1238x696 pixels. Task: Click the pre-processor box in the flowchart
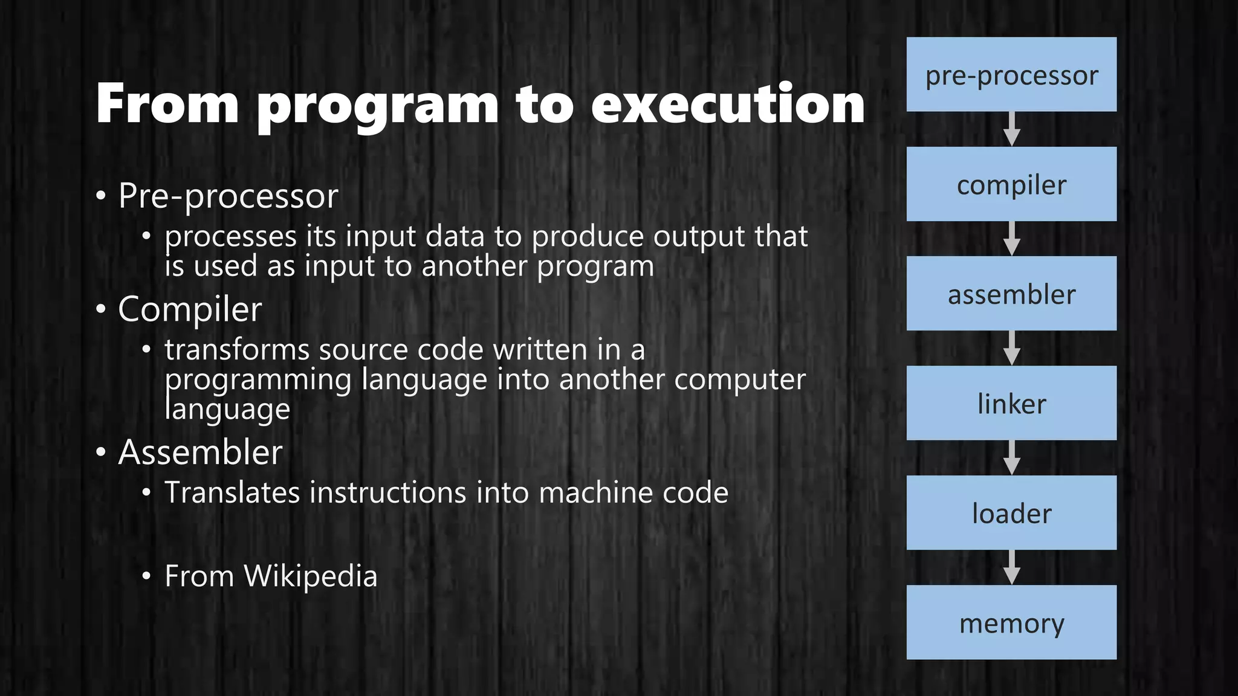coord(1011,74)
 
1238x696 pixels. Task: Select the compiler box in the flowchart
coord(1011,184)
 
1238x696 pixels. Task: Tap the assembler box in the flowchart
coord(1011,294)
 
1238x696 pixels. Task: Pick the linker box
coord(1011,403)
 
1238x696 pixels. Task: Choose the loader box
coord(1011,512)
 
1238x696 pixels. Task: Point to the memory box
coord(1011,622)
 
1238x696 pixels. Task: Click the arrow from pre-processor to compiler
coord(1011,129)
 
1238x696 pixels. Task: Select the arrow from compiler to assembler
coord(1011,239)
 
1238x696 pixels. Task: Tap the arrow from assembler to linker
coord(1011,348)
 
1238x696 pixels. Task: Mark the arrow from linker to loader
coord(1011,458)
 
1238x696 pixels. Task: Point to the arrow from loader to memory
coord(1011,567)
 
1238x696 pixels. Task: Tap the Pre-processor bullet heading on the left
coord(228,196)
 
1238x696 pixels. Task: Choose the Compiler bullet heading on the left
coord(190,310)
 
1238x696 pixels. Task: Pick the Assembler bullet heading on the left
coord(200,452)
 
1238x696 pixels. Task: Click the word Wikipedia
coord(310,576)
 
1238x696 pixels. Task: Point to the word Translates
coord(232,492)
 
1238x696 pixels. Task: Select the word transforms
coord(237,350)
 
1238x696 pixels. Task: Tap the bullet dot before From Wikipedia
coord(146,576)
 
